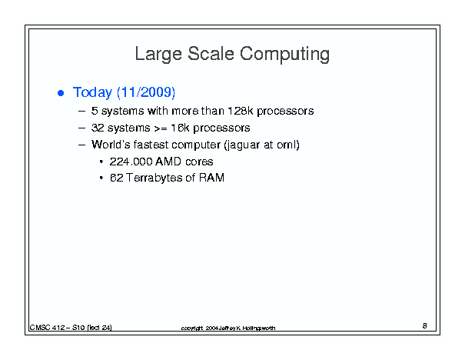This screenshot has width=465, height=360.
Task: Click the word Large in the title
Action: pos(158,55)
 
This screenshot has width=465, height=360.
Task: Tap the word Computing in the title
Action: pos(284,55)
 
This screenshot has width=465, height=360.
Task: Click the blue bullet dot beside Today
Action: pos(61,93)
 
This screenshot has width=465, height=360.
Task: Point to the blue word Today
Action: pos(92,92)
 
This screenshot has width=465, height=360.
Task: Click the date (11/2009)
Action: pos(146,92)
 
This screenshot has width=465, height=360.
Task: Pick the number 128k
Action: pos(241,111)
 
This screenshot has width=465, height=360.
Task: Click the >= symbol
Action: pos(161,128)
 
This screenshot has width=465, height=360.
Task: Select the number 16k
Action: pos(180,128)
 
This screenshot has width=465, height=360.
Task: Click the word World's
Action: pos(111,145)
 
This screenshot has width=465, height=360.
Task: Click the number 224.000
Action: pos(131,162)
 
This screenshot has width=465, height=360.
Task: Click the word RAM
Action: pos(211,178)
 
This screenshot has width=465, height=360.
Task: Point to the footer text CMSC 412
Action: pos(47,328)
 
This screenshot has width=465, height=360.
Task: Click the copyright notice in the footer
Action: pos(228,328)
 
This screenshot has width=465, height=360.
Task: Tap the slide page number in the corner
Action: pos(425,325)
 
